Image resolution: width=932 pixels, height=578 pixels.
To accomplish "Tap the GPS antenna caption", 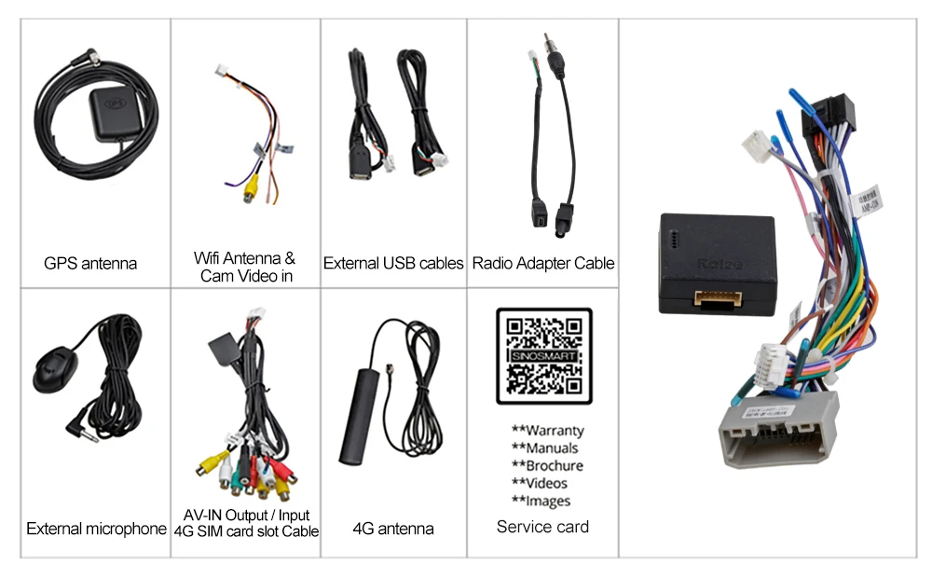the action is [90, 264].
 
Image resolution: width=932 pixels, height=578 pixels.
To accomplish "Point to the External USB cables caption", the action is [393, 264].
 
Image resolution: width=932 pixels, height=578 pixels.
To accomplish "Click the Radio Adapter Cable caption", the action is [543, 264].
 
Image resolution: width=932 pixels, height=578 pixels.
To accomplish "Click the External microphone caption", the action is [96, 530].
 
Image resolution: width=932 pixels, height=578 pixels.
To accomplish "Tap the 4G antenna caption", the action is [392, 530].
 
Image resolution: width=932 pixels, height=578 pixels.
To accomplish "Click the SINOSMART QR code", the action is [543, 356].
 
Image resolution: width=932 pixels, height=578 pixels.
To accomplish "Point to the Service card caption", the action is [542, 527].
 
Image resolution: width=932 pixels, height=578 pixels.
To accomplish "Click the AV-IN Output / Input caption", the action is [246, 515].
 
